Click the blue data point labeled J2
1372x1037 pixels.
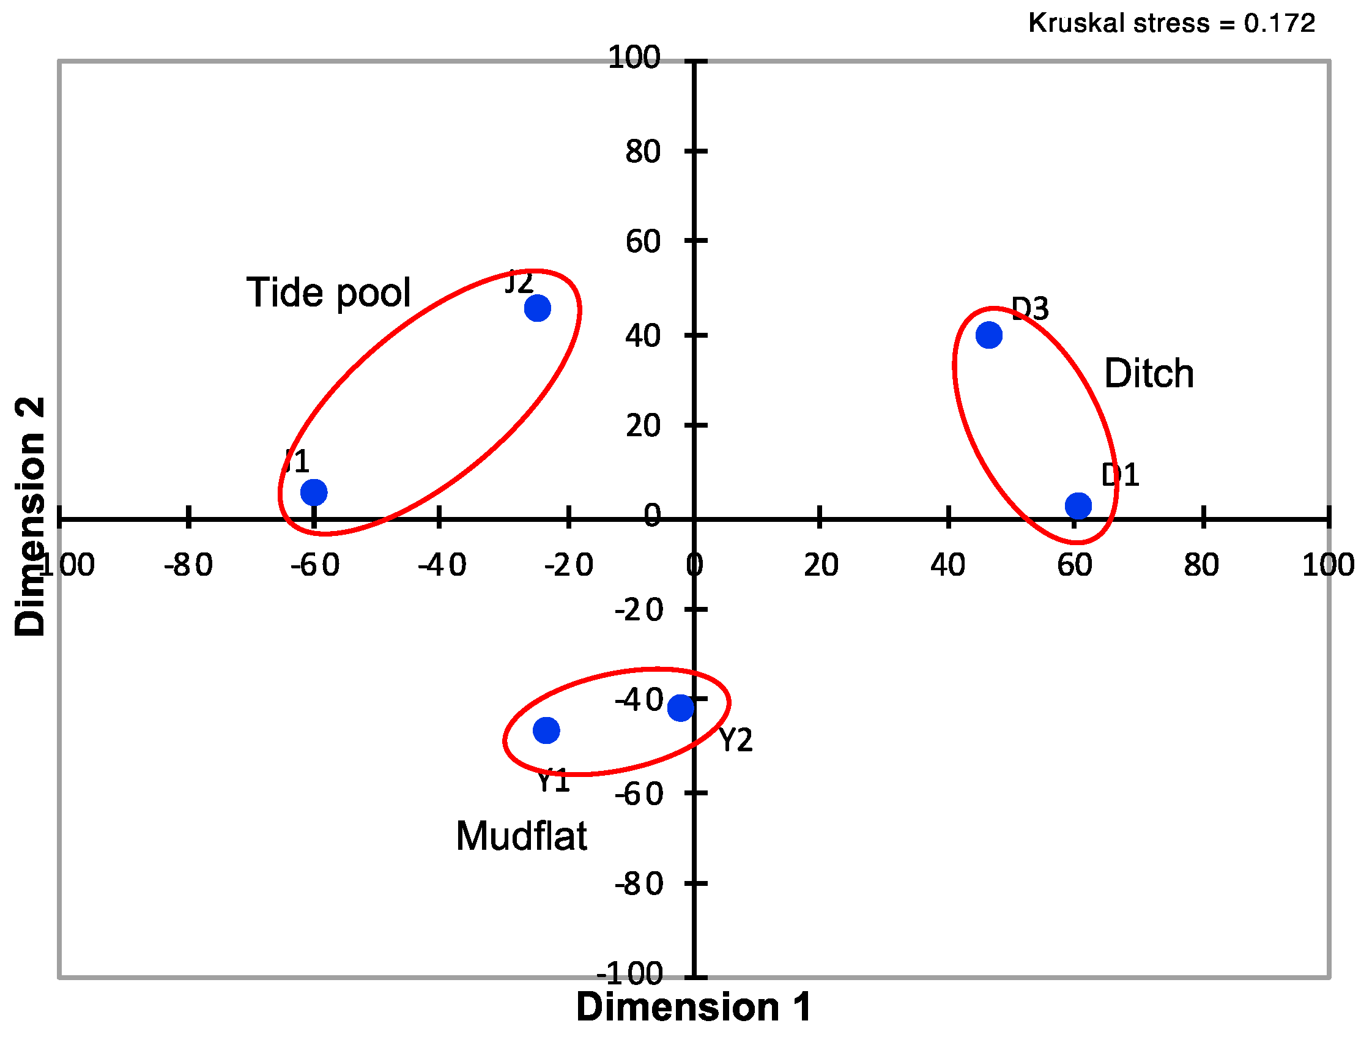[x=537, y=308]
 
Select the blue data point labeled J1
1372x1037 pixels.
[x=314, y=492]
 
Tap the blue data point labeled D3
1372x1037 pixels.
[x=988, y=335]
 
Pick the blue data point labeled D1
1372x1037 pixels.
[x=1078, y=506]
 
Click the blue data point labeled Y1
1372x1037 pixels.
[x=546, y=730]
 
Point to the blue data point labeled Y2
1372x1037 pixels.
[x=680, y=708]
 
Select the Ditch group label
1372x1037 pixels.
[x=1149, y=374]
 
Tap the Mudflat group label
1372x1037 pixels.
[x=521, y=836]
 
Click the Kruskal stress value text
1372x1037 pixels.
[x=1171, y=24]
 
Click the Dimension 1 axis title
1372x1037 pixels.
[x=694, y=1006]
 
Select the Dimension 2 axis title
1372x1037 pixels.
[x=30, y=516]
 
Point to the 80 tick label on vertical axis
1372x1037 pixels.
[x=643, y=152]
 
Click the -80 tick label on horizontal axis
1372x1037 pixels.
[x=188, y=565]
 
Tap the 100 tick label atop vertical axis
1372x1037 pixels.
[x=634, y=58]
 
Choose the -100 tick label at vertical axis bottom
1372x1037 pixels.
[x=630, y=975]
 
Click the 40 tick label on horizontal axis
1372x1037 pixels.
[x=947, y=565]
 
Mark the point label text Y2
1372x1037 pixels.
[x=736, y=740]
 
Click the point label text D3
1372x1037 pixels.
[x=1030, y=308]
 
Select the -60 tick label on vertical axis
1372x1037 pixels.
[x=639, y=795]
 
